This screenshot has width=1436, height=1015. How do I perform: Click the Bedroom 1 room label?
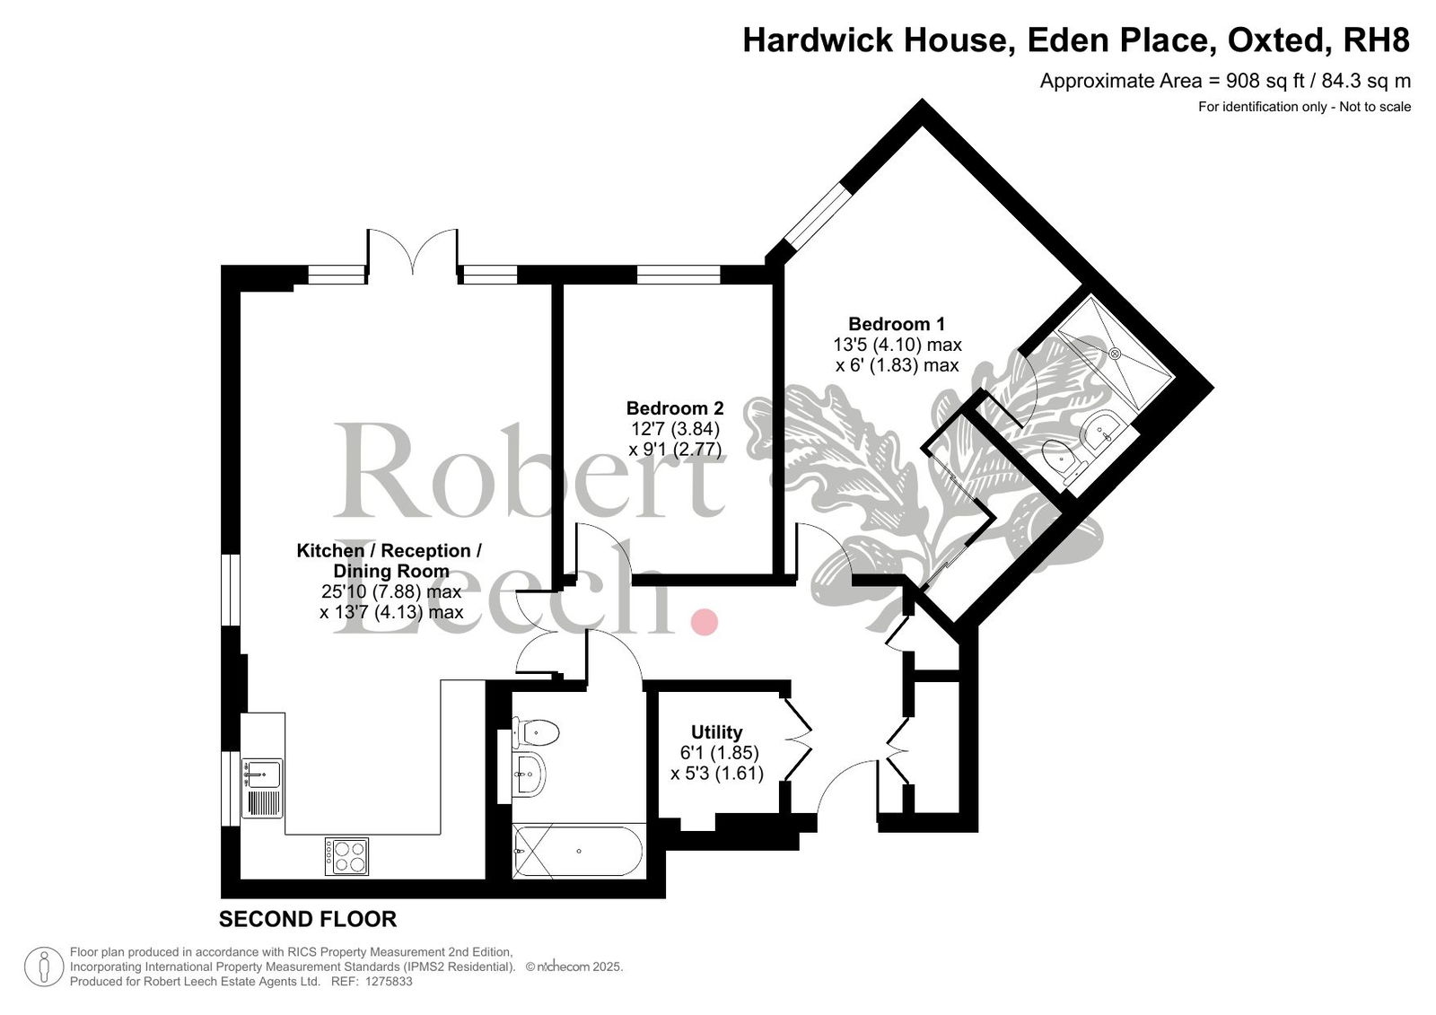tap(897, 324)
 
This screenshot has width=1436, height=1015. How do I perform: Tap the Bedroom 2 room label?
tap(675, 407)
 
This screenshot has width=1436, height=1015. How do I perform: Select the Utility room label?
tap(717, 731)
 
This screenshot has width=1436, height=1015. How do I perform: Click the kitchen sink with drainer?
tap(262, 788)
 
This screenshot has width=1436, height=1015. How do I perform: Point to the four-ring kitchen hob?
tap(346, 857)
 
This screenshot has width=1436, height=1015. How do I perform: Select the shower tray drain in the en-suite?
tap(1114, 353)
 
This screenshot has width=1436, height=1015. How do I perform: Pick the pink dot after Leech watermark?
tap(704, 622)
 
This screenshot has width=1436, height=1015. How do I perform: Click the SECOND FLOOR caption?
tap(308, 920)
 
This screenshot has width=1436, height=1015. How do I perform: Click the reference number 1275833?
tap(389, 982)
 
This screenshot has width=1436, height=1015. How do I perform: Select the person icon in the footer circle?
tap(44, 967)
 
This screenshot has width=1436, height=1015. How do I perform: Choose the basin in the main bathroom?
tap(529, 774)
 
